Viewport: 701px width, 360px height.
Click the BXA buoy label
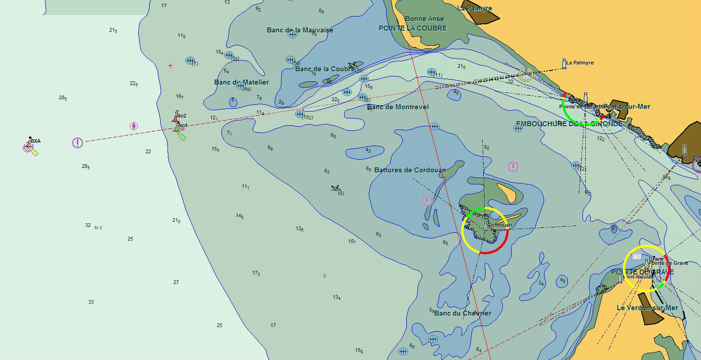pyautogui.click(x=36, y=141)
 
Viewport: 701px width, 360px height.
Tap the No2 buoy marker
pyautogui.click(x=176, y=118)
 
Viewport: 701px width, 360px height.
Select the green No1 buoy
pyautogui.click(x=179, y=132)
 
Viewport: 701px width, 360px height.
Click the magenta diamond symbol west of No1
pyautogui.click(x=134, y=126)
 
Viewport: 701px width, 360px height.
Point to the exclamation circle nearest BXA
pyautogui.click(x=77, y=143)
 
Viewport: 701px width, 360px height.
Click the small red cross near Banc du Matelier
pyautogui.click(x=170, y=66)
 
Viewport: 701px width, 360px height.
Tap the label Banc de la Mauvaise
pyautogui.click(x=300, y=30)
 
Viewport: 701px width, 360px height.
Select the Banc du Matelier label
pyautogui.click(x=241, y=82)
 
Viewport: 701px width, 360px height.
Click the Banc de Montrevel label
pyautogui.click(x=398, y=107)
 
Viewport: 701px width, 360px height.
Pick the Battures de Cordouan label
pyautogui.click(x=410, y=170)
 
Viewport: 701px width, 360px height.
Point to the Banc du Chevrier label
pyautogui.click(x=462, y=313)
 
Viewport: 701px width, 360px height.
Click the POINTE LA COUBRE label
pyautogui.click(x=412, y=28)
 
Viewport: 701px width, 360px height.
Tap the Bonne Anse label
pyautogui.click(x=424, y=19)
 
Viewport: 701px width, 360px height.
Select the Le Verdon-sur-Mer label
pyautogui.click(x=647, y=308)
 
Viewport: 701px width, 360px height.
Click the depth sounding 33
pyautogui.click(x=91, y=302)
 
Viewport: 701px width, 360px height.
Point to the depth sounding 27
pyautogui.click(x=176, y=283)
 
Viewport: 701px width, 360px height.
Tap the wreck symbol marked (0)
pyautogui.click(x=336, y=188)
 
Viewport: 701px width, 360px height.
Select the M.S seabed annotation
pyautogui.click(x=98, y=227)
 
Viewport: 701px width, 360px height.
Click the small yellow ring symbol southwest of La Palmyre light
pyautogui.click(x=526, y=74)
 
